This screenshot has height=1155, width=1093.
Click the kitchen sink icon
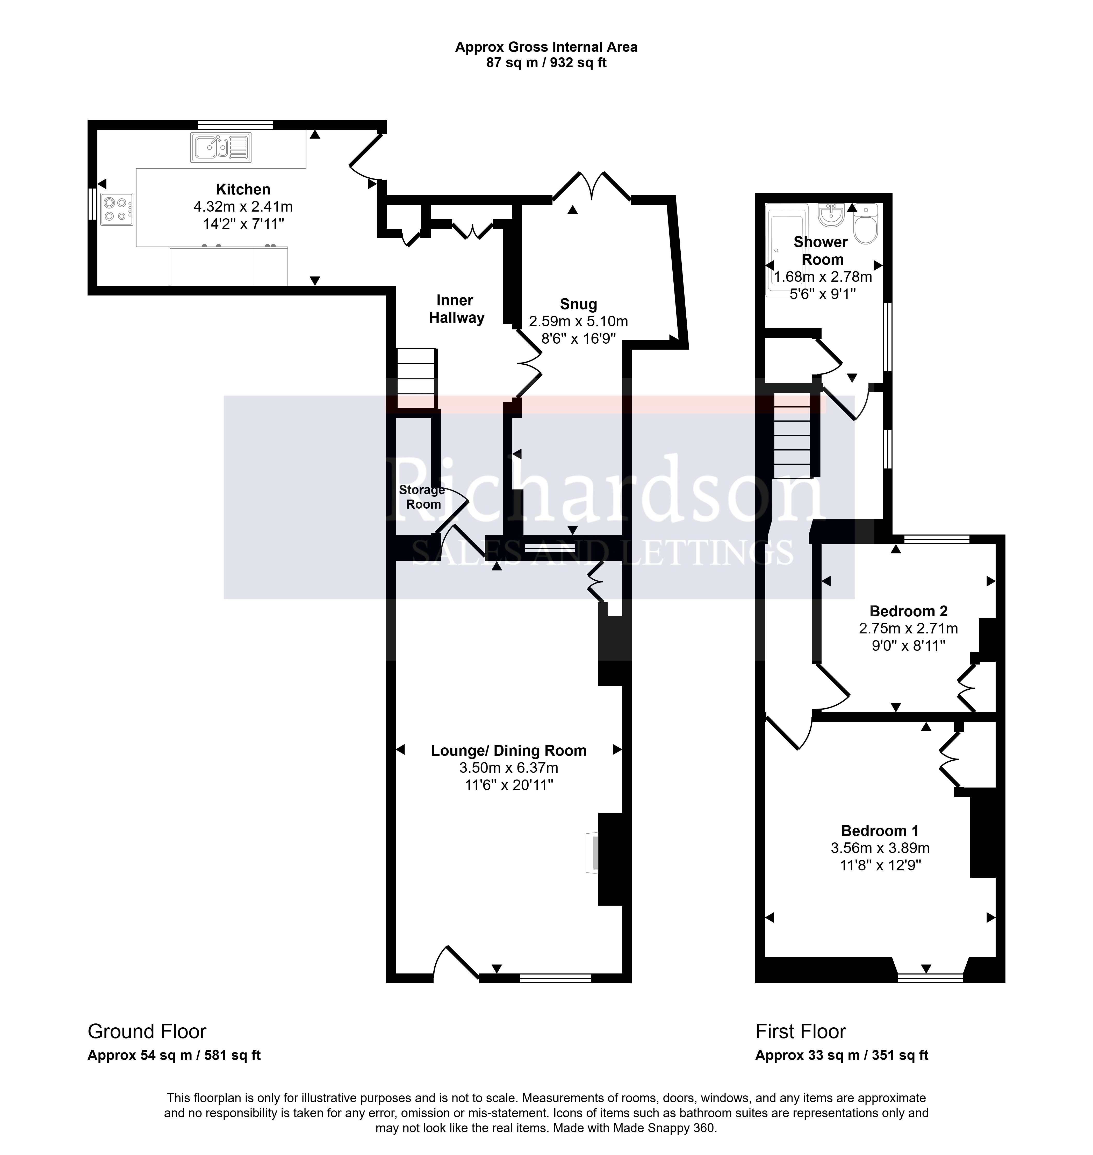point(221,147)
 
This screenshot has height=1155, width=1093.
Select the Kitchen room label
point(243,189)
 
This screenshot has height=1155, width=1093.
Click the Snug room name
point(579,304)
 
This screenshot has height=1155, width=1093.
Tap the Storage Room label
point(422,497)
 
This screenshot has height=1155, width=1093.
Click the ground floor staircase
point(416,379)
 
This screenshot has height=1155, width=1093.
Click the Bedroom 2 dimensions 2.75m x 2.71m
point(908,629)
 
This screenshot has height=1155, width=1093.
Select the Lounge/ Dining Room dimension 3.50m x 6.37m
point(509,768)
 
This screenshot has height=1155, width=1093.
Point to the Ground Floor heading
point(147,1031)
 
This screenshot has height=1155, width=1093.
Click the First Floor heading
point(801,1031)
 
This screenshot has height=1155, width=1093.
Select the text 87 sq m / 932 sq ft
point(546,63)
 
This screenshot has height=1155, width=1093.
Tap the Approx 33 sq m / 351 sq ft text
point(842,1055)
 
